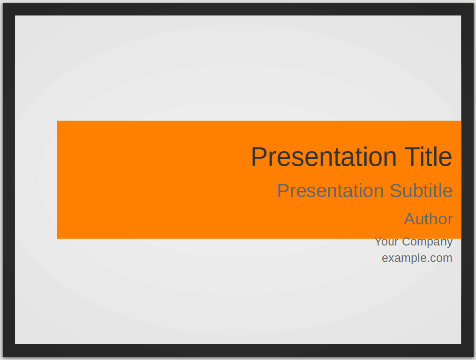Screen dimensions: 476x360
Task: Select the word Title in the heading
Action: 428,157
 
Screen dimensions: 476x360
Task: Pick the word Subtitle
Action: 421,191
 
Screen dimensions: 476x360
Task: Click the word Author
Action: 428,219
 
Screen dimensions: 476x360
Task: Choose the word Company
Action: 427,242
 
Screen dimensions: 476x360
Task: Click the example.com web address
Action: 417,258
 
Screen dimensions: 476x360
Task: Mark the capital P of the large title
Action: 259,157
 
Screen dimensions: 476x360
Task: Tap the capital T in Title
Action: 413,157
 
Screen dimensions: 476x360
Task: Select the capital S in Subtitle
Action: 395,191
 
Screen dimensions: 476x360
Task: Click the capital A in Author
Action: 410,219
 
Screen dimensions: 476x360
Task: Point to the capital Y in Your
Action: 379,242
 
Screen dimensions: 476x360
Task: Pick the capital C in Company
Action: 407,242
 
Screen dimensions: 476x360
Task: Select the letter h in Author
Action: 433,219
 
